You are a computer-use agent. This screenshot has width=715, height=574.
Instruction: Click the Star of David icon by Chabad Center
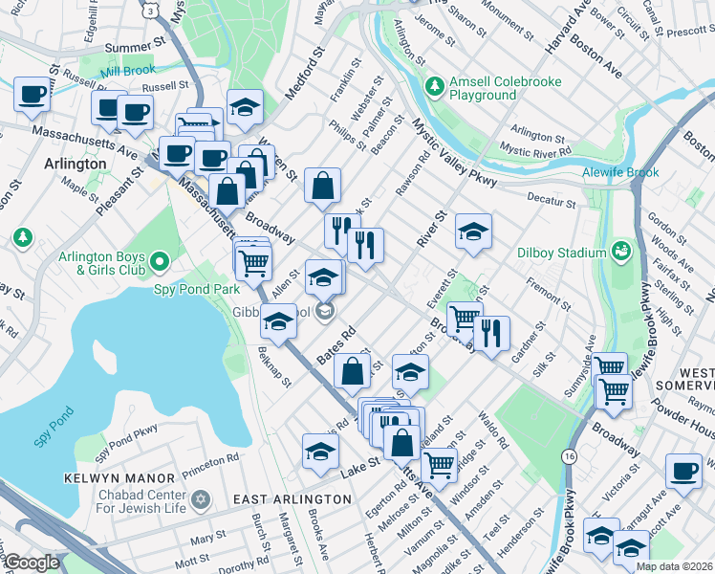[x=201, y=500]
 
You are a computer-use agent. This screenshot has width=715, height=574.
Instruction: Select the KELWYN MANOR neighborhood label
[x=120, y=477]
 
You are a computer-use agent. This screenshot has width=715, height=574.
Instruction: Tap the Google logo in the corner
[x=32, y=563]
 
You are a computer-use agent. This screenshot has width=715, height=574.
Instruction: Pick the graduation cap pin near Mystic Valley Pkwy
[x=472, y=232]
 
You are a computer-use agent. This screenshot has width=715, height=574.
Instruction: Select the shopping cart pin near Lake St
[x=439, y=465]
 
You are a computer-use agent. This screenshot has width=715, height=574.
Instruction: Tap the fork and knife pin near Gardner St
[x=491, y=334]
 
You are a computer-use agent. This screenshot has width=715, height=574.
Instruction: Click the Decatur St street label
[x=552, y=203]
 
